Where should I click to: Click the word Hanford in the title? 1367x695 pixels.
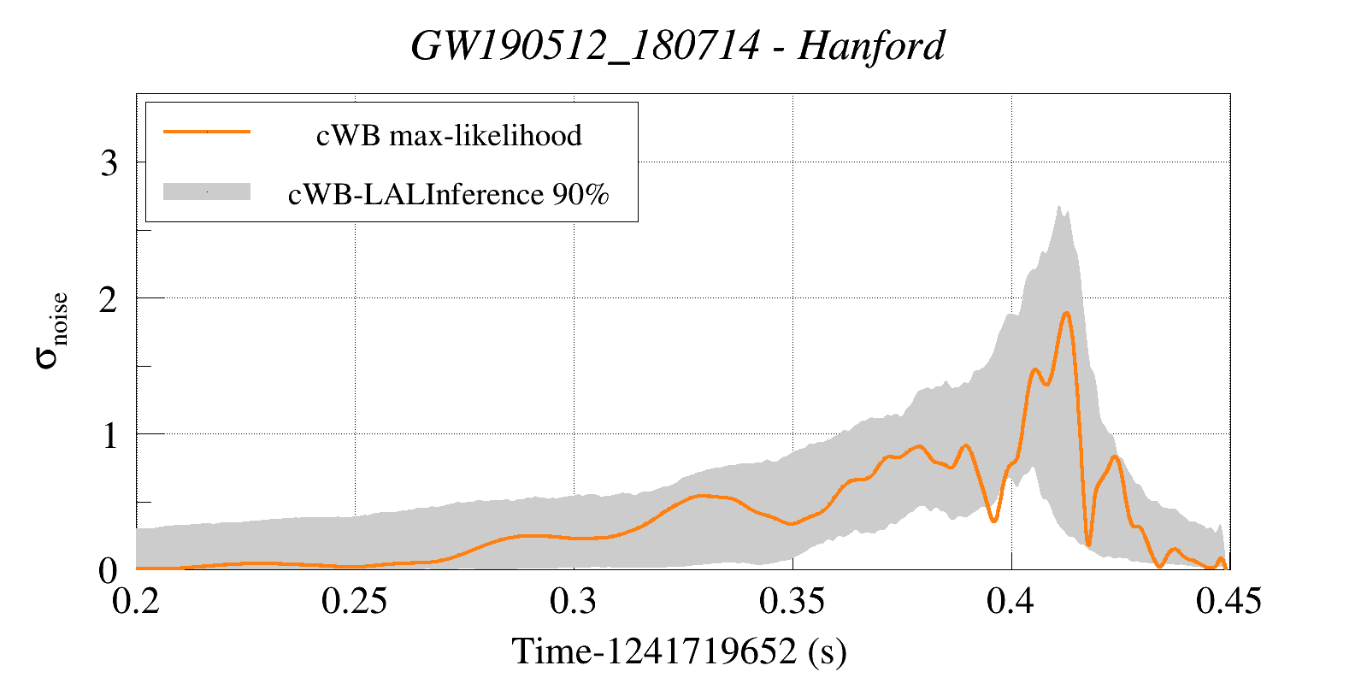(x=871, y=46)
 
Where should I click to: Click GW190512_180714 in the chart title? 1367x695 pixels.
(x=585, y=46)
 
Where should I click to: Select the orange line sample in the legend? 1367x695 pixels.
(x=207, y=133)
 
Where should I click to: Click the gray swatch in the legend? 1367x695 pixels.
(x=207, y=192)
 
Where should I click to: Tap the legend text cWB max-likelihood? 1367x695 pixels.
(x=449, y=135)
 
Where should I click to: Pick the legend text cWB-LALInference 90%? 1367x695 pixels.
(x=449, y=195)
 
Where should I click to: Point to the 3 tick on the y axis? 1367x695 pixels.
(x=109, y=162)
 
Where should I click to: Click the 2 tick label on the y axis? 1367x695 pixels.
(x=109, y=299)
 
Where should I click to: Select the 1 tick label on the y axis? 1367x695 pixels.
(x=109, y=435)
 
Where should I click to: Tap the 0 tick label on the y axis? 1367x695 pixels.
(x=109, y=570)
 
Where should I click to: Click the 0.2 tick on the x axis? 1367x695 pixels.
(x=137, y=602)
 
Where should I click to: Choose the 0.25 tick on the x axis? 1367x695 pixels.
(x=355, y=602)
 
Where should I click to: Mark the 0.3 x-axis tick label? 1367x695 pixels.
(x=574, y=602)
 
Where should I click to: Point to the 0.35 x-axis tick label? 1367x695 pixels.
(x=793, y=602)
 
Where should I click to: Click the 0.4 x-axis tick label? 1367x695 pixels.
(x=1011, y=602)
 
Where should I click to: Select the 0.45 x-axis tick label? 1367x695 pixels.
(x=1229, y=602)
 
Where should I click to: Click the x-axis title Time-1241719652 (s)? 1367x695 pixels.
(x=680, y=651)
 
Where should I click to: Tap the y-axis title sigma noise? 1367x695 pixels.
(x=50, y=330)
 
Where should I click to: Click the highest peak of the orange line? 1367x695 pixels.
(x=1066, y=314)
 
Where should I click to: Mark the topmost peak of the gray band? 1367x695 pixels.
(x=1058, y=207)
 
